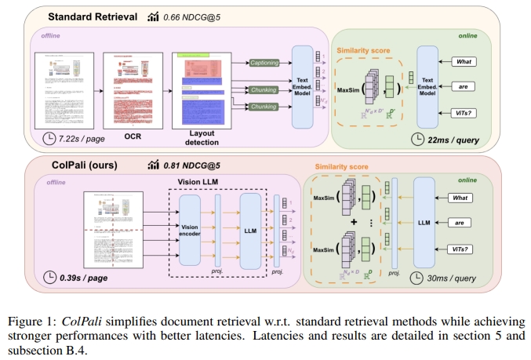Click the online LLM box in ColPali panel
[424, 222]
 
